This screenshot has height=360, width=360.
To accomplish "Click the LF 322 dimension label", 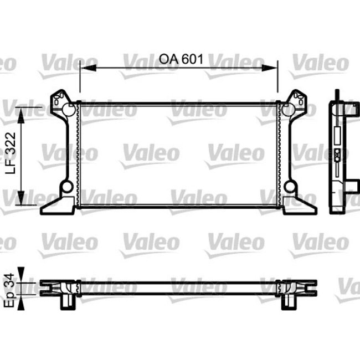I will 11,153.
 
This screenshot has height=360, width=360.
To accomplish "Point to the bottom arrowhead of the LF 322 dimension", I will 21,198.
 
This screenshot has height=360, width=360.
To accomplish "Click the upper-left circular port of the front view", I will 66,109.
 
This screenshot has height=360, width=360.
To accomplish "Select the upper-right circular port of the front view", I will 290,109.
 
